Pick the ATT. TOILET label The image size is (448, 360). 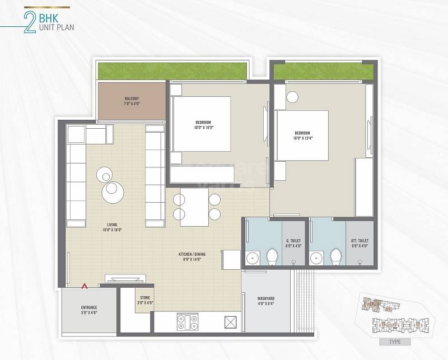(360, 242)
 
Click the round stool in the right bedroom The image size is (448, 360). (292, 96)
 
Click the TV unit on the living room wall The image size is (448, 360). (125, 278)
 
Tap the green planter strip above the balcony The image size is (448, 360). (172, 71)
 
